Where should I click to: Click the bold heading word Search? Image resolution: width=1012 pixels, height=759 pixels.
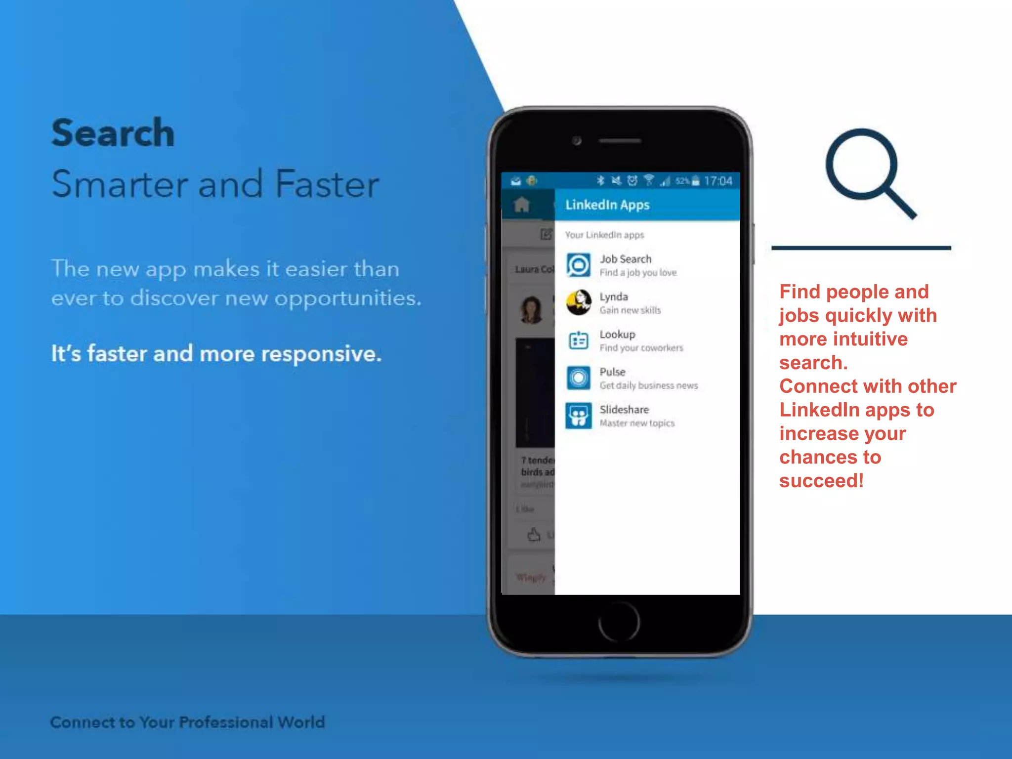coord(113,133)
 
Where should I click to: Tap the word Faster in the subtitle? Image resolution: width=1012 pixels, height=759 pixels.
coord(327,184)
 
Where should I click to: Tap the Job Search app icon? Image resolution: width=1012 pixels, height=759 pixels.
coord(578,265)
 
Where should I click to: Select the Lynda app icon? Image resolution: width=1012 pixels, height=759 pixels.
coord(578,302)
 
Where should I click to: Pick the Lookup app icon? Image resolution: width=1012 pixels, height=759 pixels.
coord(578,340)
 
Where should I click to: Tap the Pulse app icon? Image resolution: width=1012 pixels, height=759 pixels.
coord(578,378)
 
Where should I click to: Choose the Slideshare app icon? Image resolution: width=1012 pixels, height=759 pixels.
coord(578,416)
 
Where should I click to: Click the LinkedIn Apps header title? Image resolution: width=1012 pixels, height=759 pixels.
coord(607,205)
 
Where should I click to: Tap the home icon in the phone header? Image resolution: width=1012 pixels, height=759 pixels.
coord(522,205)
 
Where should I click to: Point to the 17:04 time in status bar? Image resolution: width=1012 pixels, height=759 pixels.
coord(718,181)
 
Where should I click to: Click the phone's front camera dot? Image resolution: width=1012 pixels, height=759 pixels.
coord(577,141)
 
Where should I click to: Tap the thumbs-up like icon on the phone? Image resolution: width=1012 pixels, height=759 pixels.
coord(533,534)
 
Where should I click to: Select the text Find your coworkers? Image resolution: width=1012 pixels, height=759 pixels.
coord(641,348)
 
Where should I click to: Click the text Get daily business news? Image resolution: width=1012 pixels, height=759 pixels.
coord(648,385)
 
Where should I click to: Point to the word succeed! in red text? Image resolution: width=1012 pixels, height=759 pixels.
coord(821,481)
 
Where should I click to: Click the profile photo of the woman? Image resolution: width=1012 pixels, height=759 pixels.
coord(532,310)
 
